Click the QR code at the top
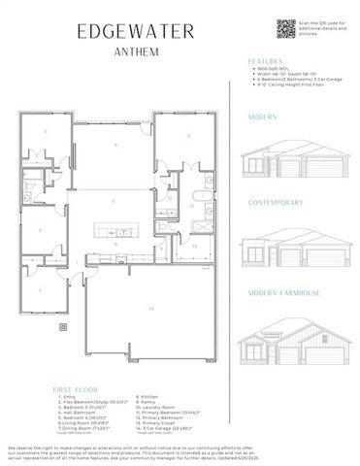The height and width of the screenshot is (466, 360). pos(285,28)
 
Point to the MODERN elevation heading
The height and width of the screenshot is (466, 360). pos(262,116)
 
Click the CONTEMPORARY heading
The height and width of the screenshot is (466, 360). pos(277,203)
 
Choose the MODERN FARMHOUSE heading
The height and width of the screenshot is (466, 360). pos(282,291)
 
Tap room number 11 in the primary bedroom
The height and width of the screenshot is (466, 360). pos(188,135)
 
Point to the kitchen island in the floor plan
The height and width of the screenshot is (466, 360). pos(115,231)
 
